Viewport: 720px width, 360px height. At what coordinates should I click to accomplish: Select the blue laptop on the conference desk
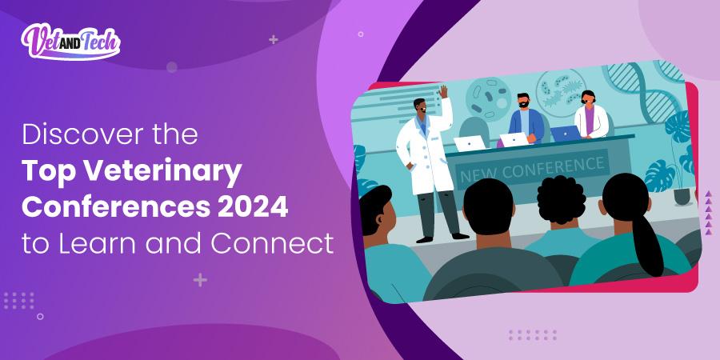click(x=565, y=133)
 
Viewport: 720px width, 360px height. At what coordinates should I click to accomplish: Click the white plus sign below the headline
click(x=200, y=279)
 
